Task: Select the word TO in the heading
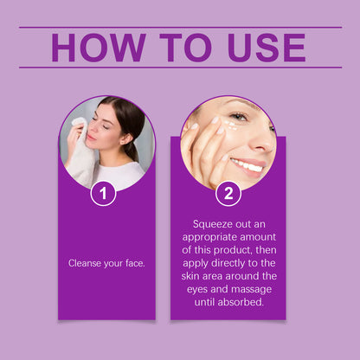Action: coord(183,48)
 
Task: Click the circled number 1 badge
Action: coord(104,193)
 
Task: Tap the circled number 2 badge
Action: coord(228,193)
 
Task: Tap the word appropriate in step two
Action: coord(207,237)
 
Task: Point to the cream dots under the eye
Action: coord(229,127)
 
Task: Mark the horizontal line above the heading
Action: coord(180,28)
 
